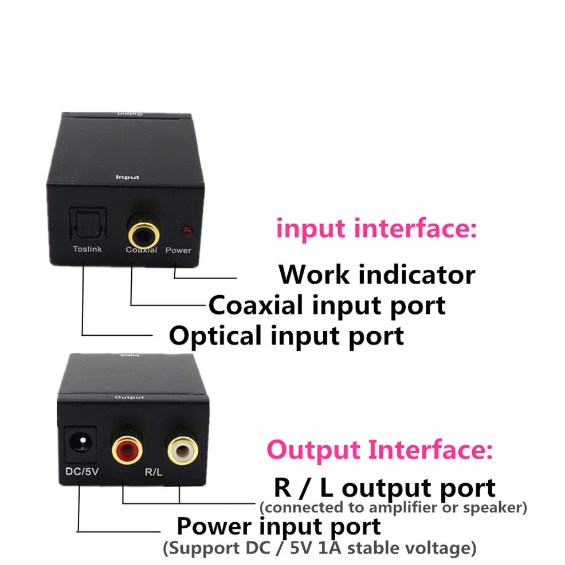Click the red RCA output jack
click(x=127, y=447)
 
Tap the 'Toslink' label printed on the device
click(x=87, y=249)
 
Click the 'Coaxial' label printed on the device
click(x=142, y=250)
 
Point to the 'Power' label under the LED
click(x=178, y=250)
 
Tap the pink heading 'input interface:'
click(x=376, y=229)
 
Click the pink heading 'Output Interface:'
click(x=379, y=450)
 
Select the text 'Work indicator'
click(x=376, y=274)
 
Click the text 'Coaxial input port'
click(x=327, y=305)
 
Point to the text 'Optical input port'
click(x=287, y=336)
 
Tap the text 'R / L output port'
click(x=384, y=488)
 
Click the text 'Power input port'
click(x=278, y=526)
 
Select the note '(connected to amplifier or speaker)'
click(x=393, y=507)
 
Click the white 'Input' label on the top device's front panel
click(x=127, y=177)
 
